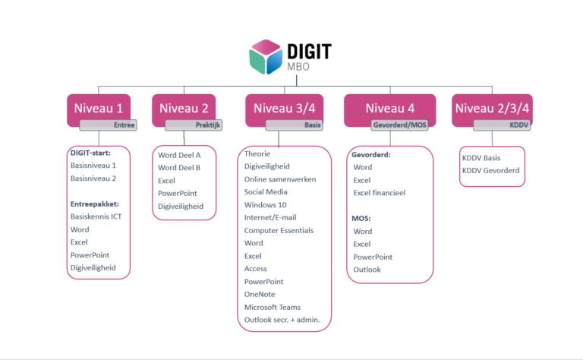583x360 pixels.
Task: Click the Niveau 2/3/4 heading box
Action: coord(492,107)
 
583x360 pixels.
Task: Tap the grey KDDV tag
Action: coord(502,125)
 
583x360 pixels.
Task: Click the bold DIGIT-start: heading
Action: coord(90,152)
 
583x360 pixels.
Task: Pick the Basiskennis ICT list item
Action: coord(96,216)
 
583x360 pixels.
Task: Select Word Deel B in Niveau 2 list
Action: coord(179,168)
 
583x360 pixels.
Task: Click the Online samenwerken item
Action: coord(280,178)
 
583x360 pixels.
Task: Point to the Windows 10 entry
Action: coord(266,204)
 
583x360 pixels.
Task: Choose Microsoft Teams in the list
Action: coord(273,307)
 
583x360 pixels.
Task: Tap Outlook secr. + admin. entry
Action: coord(282,320)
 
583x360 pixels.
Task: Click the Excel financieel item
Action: coord(380,192)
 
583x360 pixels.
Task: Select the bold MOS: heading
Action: coord(361,218)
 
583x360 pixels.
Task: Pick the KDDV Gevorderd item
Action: coord(490,171)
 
